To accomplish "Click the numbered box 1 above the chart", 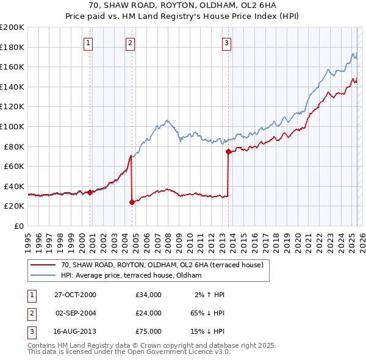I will point(88,43).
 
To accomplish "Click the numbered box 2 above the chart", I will point(131,43).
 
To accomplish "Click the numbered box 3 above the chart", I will point(226,43).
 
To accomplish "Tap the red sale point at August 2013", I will point(228,151).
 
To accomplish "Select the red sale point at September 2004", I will point(132,202).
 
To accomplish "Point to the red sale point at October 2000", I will point(90,192).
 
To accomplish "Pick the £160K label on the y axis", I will point(12,67).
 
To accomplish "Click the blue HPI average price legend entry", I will point(135,276).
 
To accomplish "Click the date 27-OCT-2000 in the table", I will point(75,295).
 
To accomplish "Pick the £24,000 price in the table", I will point(149,313).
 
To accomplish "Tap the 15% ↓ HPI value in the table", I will point(208,331).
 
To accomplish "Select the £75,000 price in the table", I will point(149,331).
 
